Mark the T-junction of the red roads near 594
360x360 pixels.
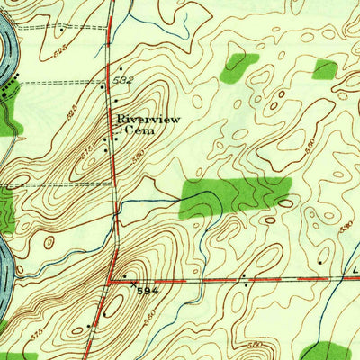[x=110, y=281]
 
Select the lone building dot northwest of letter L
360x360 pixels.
[x=321, y=261]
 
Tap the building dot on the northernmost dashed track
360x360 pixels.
[x=60, y=31]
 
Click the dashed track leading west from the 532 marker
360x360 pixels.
[x=63, y=84]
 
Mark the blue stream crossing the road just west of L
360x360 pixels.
[x=346, y=278]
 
